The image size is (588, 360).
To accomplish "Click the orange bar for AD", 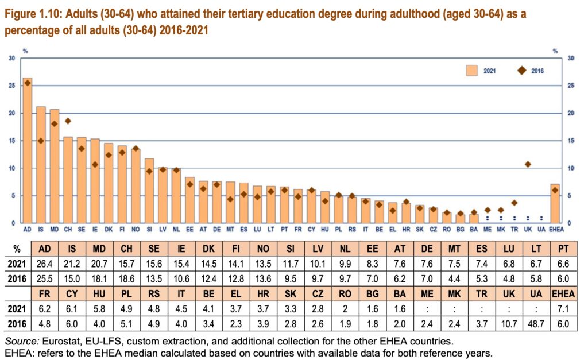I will point(27,150).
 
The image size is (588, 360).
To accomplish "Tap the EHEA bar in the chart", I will point(554,204).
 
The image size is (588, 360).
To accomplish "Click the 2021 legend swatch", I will point(473,71).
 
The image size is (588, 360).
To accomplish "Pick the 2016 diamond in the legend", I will point(522,71).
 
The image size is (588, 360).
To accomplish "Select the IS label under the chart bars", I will point(41,229).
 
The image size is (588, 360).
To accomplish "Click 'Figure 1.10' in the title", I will point(28,14).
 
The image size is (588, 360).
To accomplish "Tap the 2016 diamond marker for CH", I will point(68,121).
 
